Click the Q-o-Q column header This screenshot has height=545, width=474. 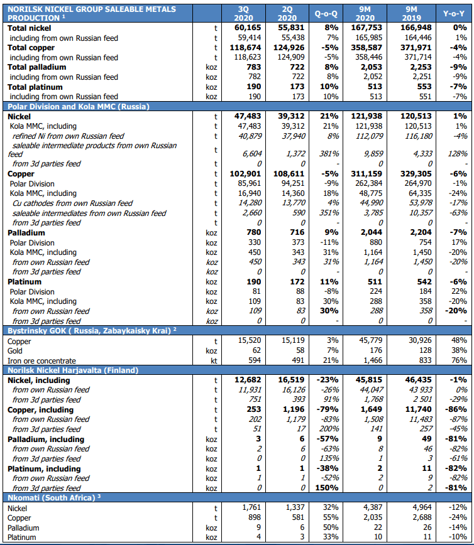pyautogui.click(x=326, y=13)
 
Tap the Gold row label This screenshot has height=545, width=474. pyautogui.click(x=16, y=350)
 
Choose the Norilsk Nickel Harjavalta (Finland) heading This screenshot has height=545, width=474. pyautogui.click(x=72, y=370)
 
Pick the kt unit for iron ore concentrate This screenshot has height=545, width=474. pyautogui.click(x=215, y=360)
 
